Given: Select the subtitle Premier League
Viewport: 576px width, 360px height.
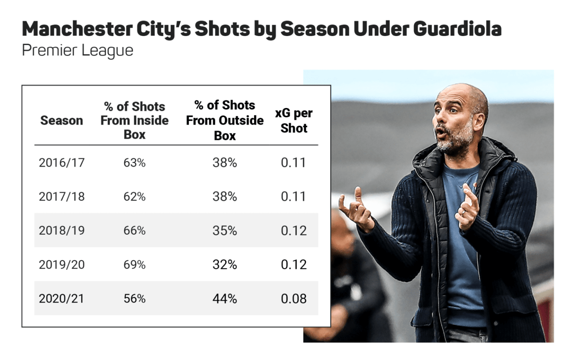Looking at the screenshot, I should [78, 50].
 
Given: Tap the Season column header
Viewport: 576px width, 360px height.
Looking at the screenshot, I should [61, 120].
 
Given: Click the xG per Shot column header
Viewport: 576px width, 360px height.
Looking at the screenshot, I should [294, 120].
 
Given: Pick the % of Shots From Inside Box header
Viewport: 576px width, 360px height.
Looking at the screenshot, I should [134, 120].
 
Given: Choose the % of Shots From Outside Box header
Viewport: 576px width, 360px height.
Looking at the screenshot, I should [225, 120].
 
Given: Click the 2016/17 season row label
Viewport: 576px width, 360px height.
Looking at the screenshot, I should [61, 163].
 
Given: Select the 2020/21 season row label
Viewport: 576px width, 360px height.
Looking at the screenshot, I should [61, 298].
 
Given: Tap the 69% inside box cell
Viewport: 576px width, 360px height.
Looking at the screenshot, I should [134, 265].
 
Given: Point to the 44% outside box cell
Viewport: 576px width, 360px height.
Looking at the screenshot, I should [225, 298].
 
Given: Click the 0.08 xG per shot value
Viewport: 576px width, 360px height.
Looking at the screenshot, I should [294, 298].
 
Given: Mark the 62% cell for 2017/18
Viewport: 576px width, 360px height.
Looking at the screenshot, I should [134, 196].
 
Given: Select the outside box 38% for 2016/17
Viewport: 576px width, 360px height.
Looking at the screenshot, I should [225, 163].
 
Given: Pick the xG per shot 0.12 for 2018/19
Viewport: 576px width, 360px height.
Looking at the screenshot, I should [294, 231].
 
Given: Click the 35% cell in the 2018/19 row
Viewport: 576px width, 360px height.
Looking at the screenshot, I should [225, 231].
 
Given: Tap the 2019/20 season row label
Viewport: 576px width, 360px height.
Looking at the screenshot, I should [61, 265].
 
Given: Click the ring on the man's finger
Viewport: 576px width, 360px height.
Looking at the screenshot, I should [463, 213].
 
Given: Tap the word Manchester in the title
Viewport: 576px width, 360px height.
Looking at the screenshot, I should [77, 29].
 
